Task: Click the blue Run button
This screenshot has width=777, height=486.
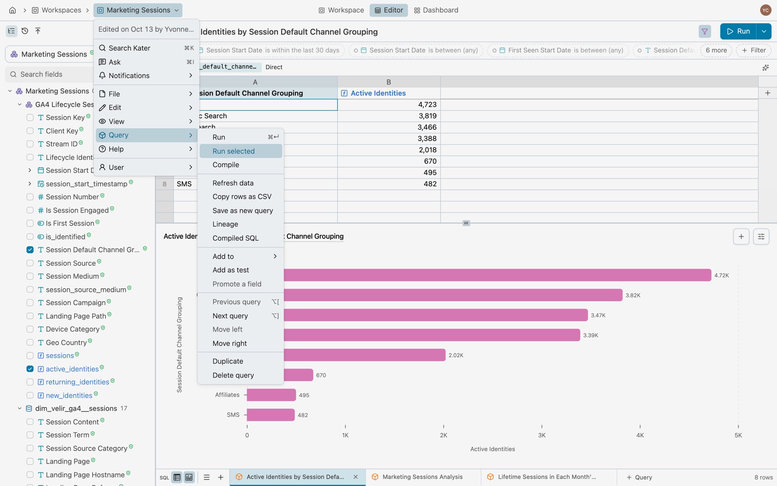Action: pos(738,31)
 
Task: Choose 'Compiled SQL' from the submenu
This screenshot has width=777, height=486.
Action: pos(236,238)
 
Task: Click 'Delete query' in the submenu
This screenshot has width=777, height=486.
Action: pos(233,375)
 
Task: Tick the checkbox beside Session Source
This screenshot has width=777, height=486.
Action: pos(30,263)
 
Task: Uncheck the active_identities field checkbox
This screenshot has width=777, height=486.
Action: pos(30,369)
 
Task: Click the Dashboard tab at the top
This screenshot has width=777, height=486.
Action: pos(436,10)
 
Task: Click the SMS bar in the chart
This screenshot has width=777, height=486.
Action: pos(271,415)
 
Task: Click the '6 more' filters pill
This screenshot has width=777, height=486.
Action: pos(716,50)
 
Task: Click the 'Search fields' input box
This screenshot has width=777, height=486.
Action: pos(50,74)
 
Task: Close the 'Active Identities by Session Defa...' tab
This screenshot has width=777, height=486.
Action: pos(356,477)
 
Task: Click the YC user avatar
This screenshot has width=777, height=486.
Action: pos(766,10)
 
